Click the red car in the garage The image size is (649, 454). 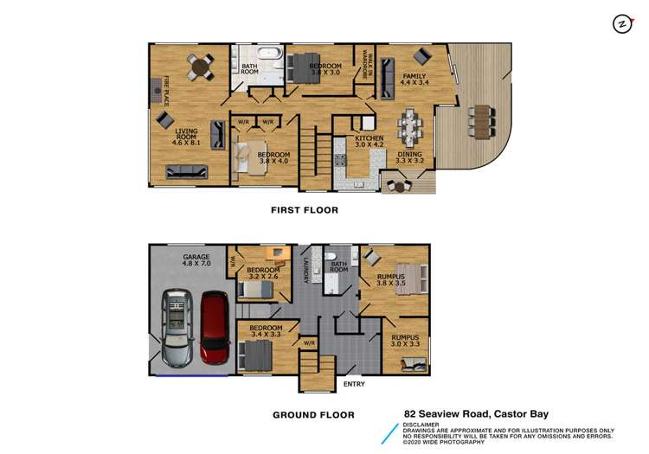click(213, 328)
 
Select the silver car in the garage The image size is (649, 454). click(177, 328)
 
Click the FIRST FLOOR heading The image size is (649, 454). click(304, 210)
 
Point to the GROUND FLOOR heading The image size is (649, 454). click(313, 415)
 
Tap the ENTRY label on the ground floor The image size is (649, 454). click(354, 384)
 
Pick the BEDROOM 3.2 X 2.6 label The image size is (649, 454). click(263, 274)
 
